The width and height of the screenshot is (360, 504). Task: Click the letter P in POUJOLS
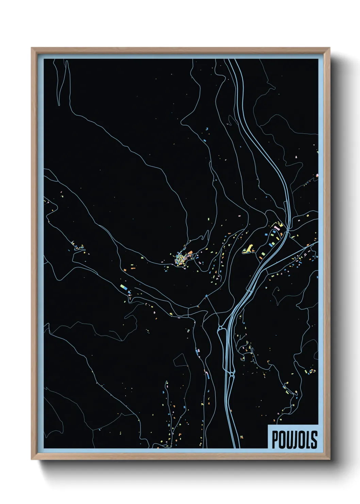275,440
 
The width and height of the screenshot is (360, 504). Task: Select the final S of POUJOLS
314,440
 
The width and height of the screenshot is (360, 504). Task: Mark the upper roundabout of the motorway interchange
220,329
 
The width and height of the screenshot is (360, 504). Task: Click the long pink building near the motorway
277,227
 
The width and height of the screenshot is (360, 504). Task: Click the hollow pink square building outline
305,254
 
